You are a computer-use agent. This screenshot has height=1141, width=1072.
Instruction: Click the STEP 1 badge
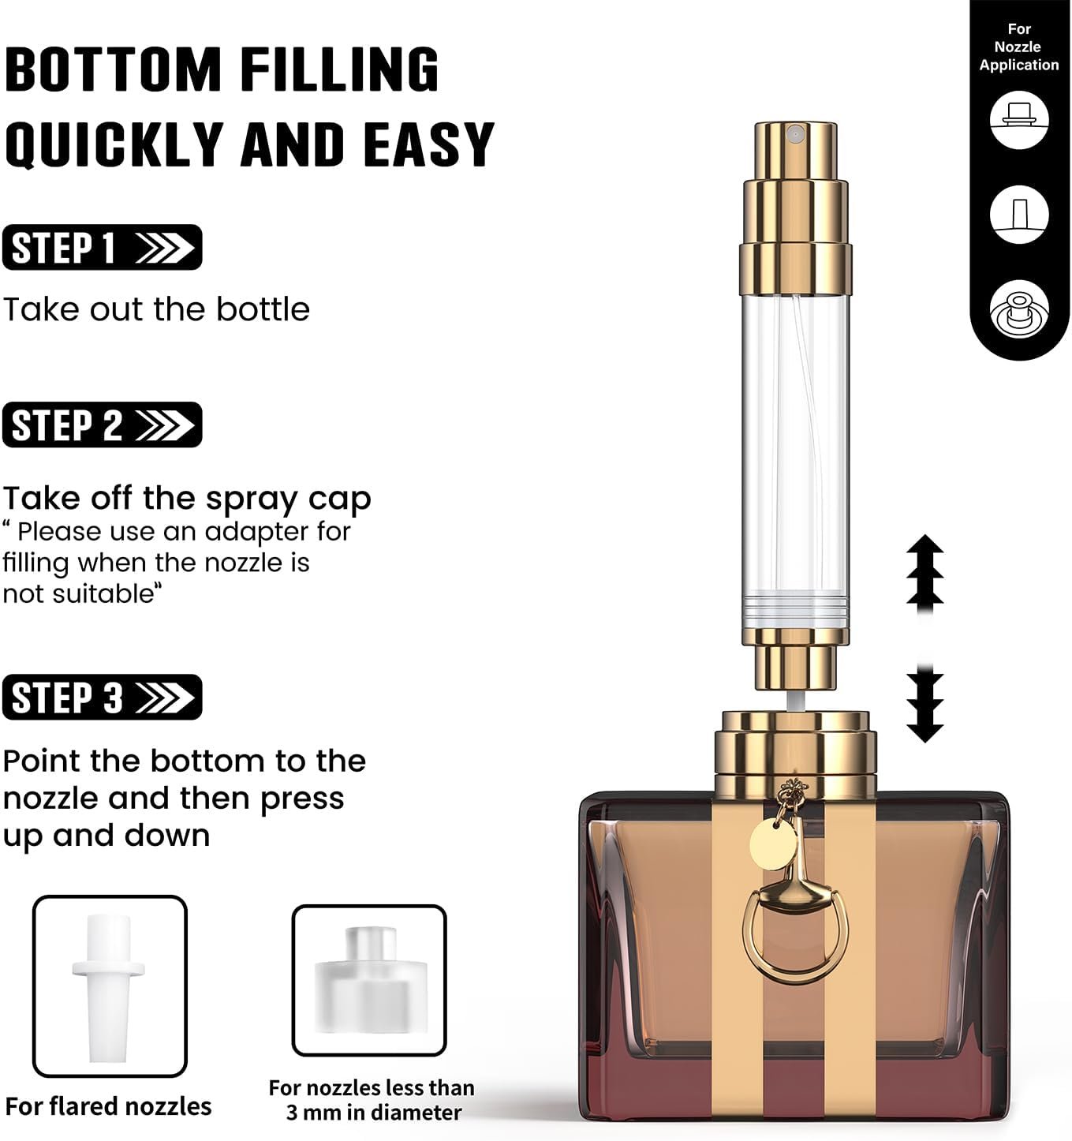(103, 247)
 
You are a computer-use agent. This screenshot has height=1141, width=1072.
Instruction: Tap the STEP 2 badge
(103, 425)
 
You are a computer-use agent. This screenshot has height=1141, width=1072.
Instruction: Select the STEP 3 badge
(103, 697)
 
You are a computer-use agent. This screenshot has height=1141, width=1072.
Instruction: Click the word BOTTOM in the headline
(113, 69)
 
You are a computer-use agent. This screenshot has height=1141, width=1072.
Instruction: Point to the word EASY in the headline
(429, 144)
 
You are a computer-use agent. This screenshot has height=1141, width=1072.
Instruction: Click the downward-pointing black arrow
(925, 705)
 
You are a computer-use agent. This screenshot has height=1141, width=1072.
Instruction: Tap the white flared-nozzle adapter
(109, 988)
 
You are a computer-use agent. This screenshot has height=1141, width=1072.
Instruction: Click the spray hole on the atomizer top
(794, 134)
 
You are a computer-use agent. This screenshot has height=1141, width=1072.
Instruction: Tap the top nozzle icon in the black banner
(1019, 120)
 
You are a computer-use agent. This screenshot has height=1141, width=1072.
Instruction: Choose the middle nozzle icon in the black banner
(1019, 215)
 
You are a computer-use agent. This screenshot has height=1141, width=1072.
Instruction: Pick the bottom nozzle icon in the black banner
(1019, 309)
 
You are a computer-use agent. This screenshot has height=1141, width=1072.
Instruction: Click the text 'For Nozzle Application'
(1019, 47)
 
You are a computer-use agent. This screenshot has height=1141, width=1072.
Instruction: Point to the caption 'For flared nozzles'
(109, 1106)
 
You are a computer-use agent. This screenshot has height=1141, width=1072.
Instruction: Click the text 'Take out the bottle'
(156, 309)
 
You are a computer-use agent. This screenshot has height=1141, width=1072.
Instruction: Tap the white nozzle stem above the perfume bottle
(795, 701)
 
